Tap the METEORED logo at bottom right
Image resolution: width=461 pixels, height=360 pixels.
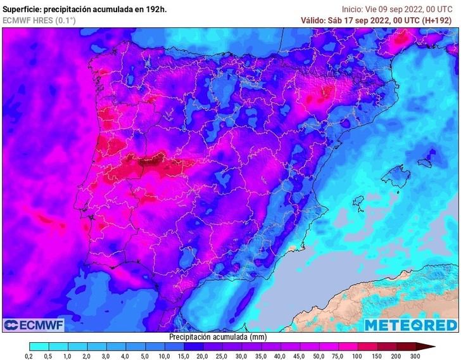(x=410, y=325)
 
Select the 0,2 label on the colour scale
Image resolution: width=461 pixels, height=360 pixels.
(x=29, y=356)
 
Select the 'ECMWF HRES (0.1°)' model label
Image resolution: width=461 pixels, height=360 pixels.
(x=39, y=20)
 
